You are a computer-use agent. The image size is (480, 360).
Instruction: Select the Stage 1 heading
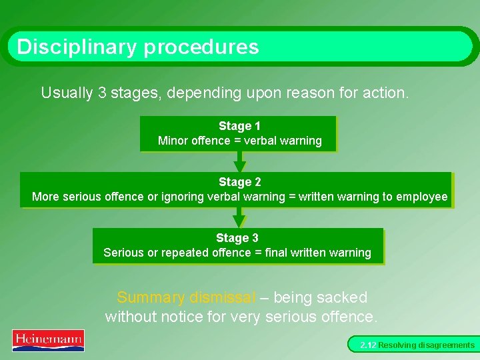click(239, 126)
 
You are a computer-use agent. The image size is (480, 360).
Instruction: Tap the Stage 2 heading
click(239, 182)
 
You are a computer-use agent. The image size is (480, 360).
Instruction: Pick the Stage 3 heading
click(237, 238)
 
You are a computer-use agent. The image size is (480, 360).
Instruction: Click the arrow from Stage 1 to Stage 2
click(240, 161)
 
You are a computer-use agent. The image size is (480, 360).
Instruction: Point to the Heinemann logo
click(48, 340)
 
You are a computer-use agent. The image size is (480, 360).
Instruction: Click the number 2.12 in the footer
click(368, 345)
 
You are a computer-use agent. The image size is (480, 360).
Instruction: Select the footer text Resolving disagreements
click(427, 345)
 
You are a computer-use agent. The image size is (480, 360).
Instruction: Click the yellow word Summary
click(151, 297)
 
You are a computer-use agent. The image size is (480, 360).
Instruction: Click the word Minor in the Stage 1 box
click(173, 141)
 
